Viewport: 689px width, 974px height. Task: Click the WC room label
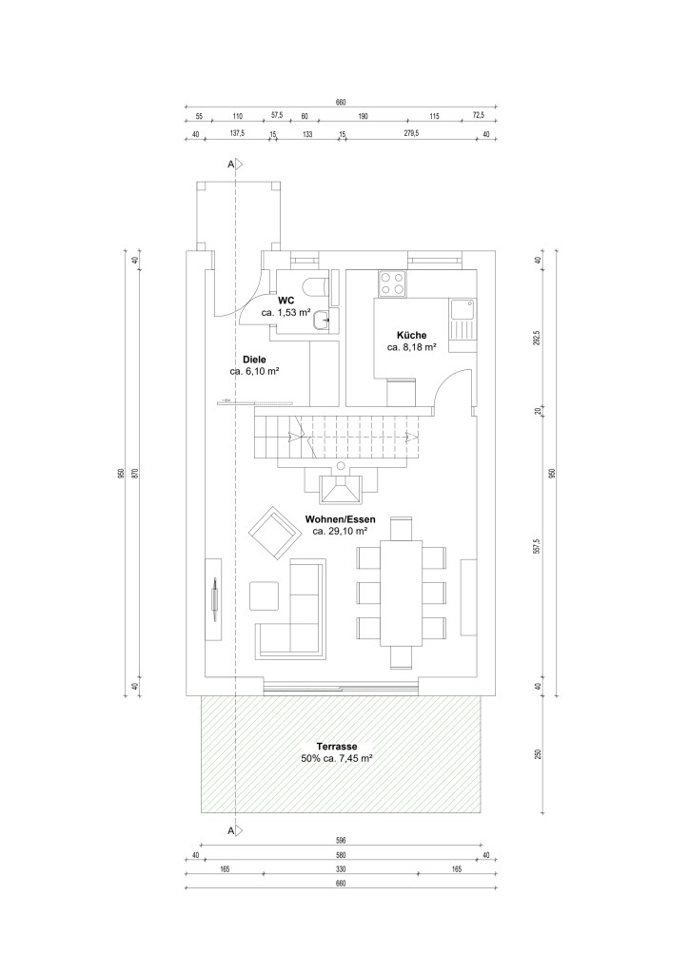pos(285,300)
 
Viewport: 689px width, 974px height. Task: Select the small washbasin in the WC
pos(323,320)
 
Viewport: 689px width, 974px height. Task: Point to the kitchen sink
pos(463,309)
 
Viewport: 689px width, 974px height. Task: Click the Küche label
pos(411,336)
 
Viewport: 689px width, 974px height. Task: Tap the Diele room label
pos(254,360)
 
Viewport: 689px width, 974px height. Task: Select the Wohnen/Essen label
pos(341,519)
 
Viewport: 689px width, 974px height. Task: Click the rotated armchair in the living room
pos(274,532)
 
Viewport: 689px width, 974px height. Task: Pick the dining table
pos(402,594)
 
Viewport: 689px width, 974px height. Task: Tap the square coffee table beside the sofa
pos(265,595)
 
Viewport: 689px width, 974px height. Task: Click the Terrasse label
pos(336,746)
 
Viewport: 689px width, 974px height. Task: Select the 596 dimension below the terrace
pos(341,841)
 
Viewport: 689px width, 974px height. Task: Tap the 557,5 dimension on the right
pos(538,546)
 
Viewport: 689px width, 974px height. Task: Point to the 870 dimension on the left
pos(133,472)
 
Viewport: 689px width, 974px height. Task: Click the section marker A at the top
pos(235,164)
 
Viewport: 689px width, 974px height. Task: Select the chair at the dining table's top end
pos(401,529)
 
